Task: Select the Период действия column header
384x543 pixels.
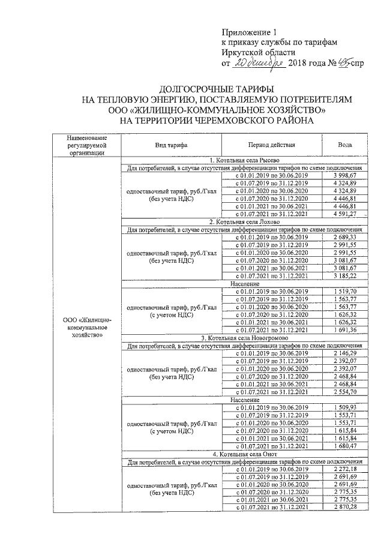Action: point(271,146)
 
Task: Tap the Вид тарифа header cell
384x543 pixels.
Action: point(172,146)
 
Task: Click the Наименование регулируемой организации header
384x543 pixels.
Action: point(87,146)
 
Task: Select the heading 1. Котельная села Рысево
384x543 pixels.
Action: point(246,160)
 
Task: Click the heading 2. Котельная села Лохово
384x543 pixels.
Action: point(246,222)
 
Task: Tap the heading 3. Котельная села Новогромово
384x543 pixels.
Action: point(246,338)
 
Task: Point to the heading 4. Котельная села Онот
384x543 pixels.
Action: point(246,454)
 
